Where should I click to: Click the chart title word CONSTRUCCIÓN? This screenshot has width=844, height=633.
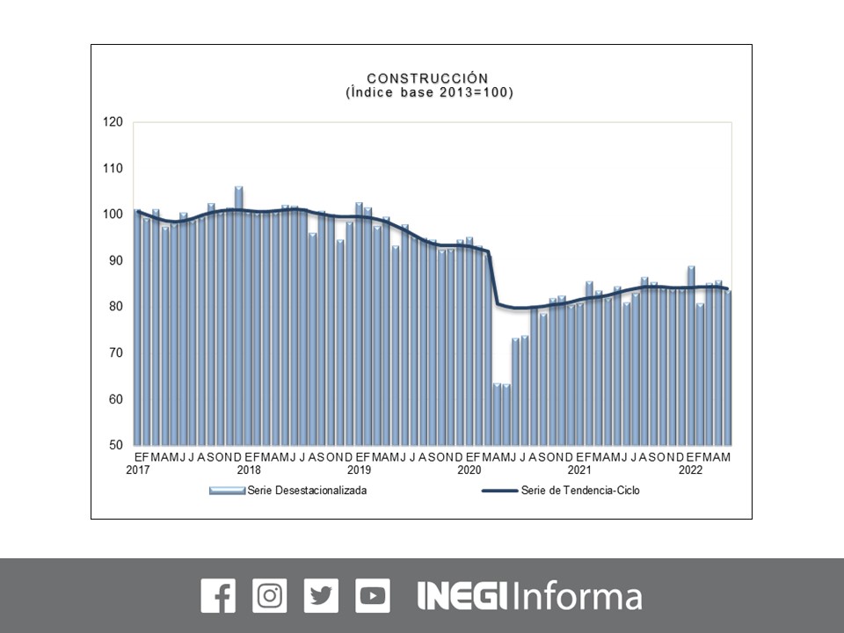click(x=427, y=79)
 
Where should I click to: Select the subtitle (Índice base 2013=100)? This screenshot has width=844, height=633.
click(x=427, y=92)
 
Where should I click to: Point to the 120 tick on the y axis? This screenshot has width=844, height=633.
click(x=112, y=122)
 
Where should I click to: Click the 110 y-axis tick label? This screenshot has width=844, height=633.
click(x=112, y=168)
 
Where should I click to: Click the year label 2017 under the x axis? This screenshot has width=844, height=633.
click(x=138, y=470)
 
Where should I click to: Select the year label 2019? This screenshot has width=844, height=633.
click(x=359, y=470)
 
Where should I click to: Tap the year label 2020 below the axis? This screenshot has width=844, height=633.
click(x=469, y=470)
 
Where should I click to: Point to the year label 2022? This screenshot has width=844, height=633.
click(x=690, y=470)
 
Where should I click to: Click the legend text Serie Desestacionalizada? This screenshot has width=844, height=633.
click(x=307, y=491)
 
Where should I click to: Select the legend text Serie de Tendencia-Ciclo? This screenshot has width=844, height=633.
click(x=580, y=491)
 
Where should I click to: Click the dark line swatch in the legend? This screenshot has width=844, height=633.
click(x=499, y=491)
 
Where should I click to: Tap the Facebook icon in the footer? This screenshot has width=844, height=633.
click(x=218, y=596)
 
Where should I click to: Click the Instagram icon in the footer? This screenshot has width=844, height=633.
click(x=269, y=596)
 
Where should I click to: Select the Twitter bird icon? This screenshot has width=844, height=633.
click(x=321, y=596)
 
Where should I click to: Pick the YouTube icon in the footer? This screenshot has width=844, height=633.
click(x=373, y=596)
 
